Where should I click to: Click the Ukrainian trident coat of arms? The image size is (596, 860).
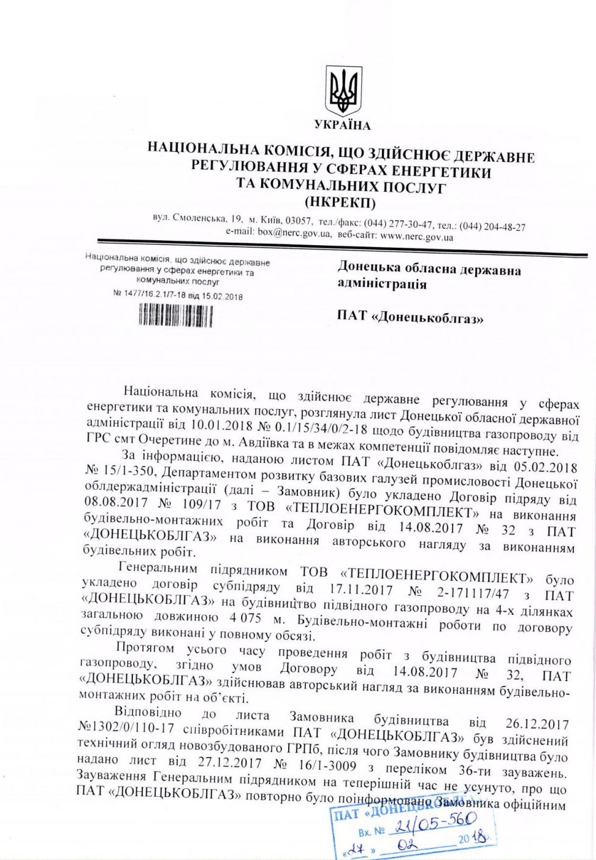[342, 91]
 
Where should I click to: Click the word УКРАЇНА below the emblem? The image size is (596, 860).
[343, 126]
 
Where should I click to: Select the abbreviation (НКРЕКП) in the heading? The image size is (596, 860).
[340, 202]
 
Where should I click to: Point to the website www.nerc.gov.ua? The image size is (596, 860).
[416, 235]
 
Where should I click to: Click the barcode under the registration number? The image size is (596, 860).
[175, 315]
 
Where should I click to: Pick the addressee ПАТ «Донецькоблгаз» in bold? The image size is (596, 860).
[410, 317]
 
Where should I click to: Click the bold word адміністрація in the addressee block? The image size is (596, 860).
[381, 284]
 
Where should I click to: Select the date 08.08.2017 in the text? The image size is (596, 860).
[115, 502]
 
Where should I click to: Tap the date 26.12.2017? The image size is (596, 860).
[537, 724]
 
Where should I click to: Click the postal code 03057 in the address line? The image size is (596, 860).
[299, 220]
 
